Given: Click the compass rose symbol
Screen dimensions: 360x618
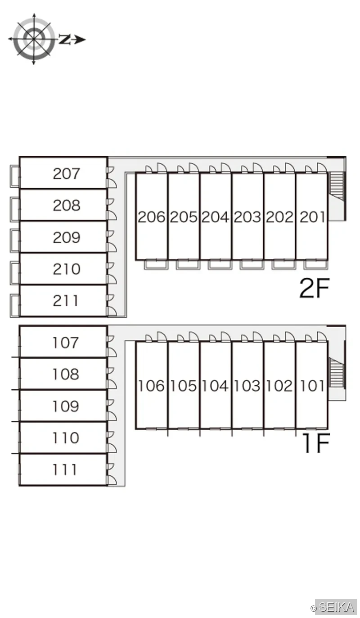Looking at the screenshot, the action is tap(34, 39).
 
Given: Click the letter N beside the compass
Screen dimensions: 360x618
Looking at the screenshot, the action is tap(64, 40).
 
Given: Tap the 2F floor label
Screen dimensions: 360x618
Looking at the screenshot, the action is tap(315, 288).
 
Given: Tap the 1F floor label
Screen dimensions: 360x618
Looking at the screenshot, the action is tap(316, 442).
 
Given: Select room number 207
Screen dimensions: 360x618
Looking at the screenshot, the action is tap(67, 174).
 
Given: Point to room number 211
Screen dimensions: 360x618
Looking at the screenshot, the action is tap(65, 300).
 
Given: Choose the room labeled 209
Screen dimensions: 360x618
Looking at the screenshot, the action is tap(67, 237).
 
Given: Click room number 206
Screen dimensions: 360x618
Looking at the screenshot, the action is tap(152, 217).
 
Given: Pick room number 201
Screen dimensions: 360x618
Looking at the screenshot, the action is tap(312, 217).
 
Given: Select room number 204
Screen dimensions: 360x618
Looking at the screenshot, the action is tap(215, 217).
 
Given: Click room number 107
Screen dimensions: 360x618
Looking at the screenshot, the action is tap(66, 343).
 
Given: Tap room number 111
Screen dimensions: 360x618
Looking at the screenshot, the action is tap(64, 469).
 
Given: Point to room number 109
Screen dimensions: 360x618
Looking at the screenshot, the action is tap(66, 406).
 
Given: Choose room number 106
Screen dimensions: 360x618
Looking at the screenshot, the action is tap(151, 386).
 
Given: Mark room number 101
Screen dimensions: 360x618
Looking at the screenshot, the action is tap(312, 386).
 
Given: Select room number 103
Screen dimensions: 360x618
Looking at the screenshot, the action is tap(247, 386).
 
